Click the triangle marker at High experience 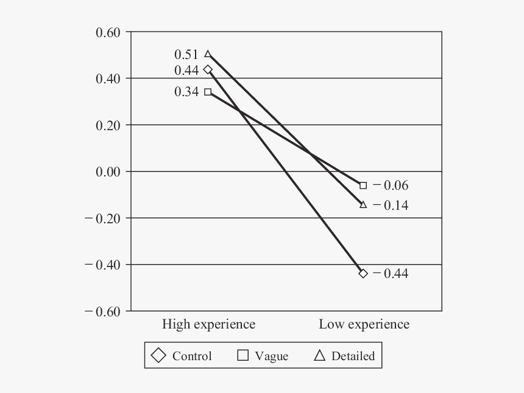pyautogui.click(x=208, y=54)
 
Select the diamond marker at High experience pyautogui.click(x=208, y=69)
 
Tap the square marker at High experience pyautogui.click(x=208, y=92)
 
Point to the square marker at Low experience pyautogui.click(x=363, y=185)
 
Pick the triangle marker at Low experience pyautogui.click(x=363, y=204)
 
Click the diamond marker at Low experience pyautogui.click(x=363, y=273)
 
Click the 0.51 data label pyautogui.click(x=186, y=55)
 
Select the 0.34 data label pyautogui.click(x=186, y=92)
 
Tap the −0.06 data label pyautogui.click(x=391, y=186)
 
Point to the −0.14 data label pyautogui.click(x=391, y=206)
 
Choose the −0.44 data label pyautogui.click(x=391, y=274)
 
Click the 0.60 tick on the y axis pyautogui.click(x=109, y=32)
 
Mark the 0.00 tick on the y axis pyautogui.click(x=109, y=172)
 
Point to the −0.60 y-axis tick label pyautogui.click(x=104, y=311)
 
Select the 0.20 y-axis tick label pyautogui.click(x=109, y=125)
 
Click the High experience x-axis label pyautogui.click(x=208, y=324)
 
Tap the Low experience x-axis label pyautogui.click(x=364, y=324)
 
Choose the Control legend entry pyautogui.click(x=182, y=356)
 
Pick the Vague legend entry pyautogui.click(x=263, y=356)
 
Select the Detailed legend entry pyautogui.click(x=344, y=356)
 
